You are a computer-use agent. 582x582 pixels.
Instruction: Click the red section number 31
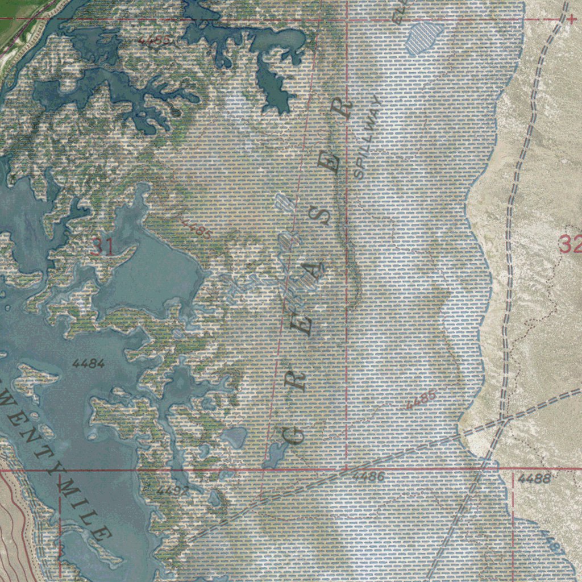102,247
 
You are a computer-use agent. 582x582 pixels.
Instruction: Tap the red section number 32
570,244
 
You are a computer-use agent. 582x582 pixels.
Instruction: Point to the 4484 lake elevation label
89,363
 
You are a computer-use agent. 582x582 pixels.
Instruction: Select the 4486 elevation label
368,477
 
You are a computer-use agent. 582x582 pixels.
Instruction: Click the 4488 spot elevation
534,479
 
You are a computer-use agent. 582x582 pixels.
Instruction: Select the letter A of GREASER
315,272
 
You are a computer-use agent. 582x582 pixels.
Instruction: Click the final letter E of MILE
103,533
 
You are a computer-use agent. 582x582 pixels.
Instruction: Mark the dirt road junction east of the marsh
504,419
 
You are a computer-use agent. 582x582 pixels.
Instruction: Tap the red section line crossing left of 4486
347,469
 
